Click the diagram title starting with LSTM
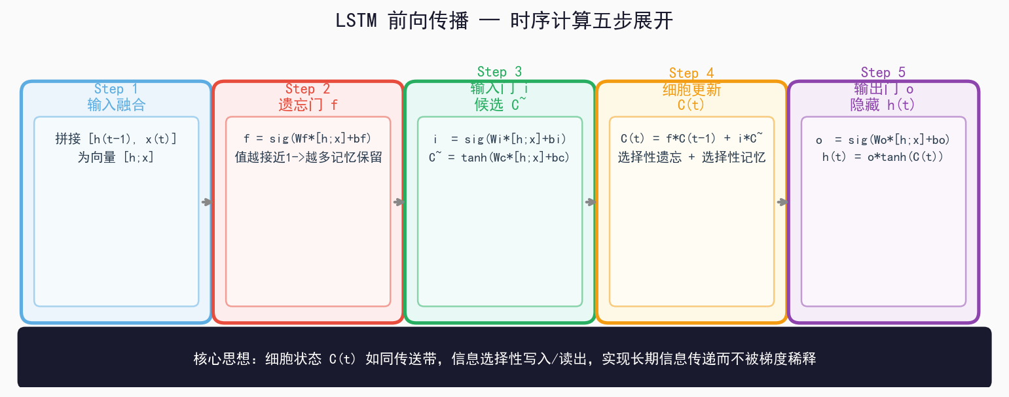(504, 21)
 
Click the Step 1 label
(116, 89)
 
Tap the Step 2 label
(308, 89)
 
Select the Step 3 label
(500, 72)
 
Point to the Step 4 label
(691, 73)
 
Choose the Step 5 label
(883, 73)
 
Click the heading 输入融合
(116, 105)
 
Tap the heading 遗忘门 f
(308, 105)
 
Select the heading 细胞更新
(691, 89)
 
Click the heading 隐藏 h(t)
(883, 105)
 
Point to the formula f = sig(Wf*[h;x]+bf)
(308, 139)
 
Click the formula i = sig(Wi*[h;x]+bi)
(500, 139)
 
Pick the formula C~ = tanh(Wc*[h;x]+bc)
(500, 157)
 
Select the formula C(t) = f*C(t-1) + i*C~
(691, 139)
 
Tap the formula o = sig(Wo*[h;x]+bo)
(883, 139)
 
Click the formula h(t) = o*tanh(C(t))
(883, 157)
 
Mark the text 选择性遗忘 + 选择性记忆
(691, 157)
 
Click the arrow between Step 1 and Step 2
(206, 202)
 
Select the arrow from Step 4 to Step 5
(782, 202)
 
